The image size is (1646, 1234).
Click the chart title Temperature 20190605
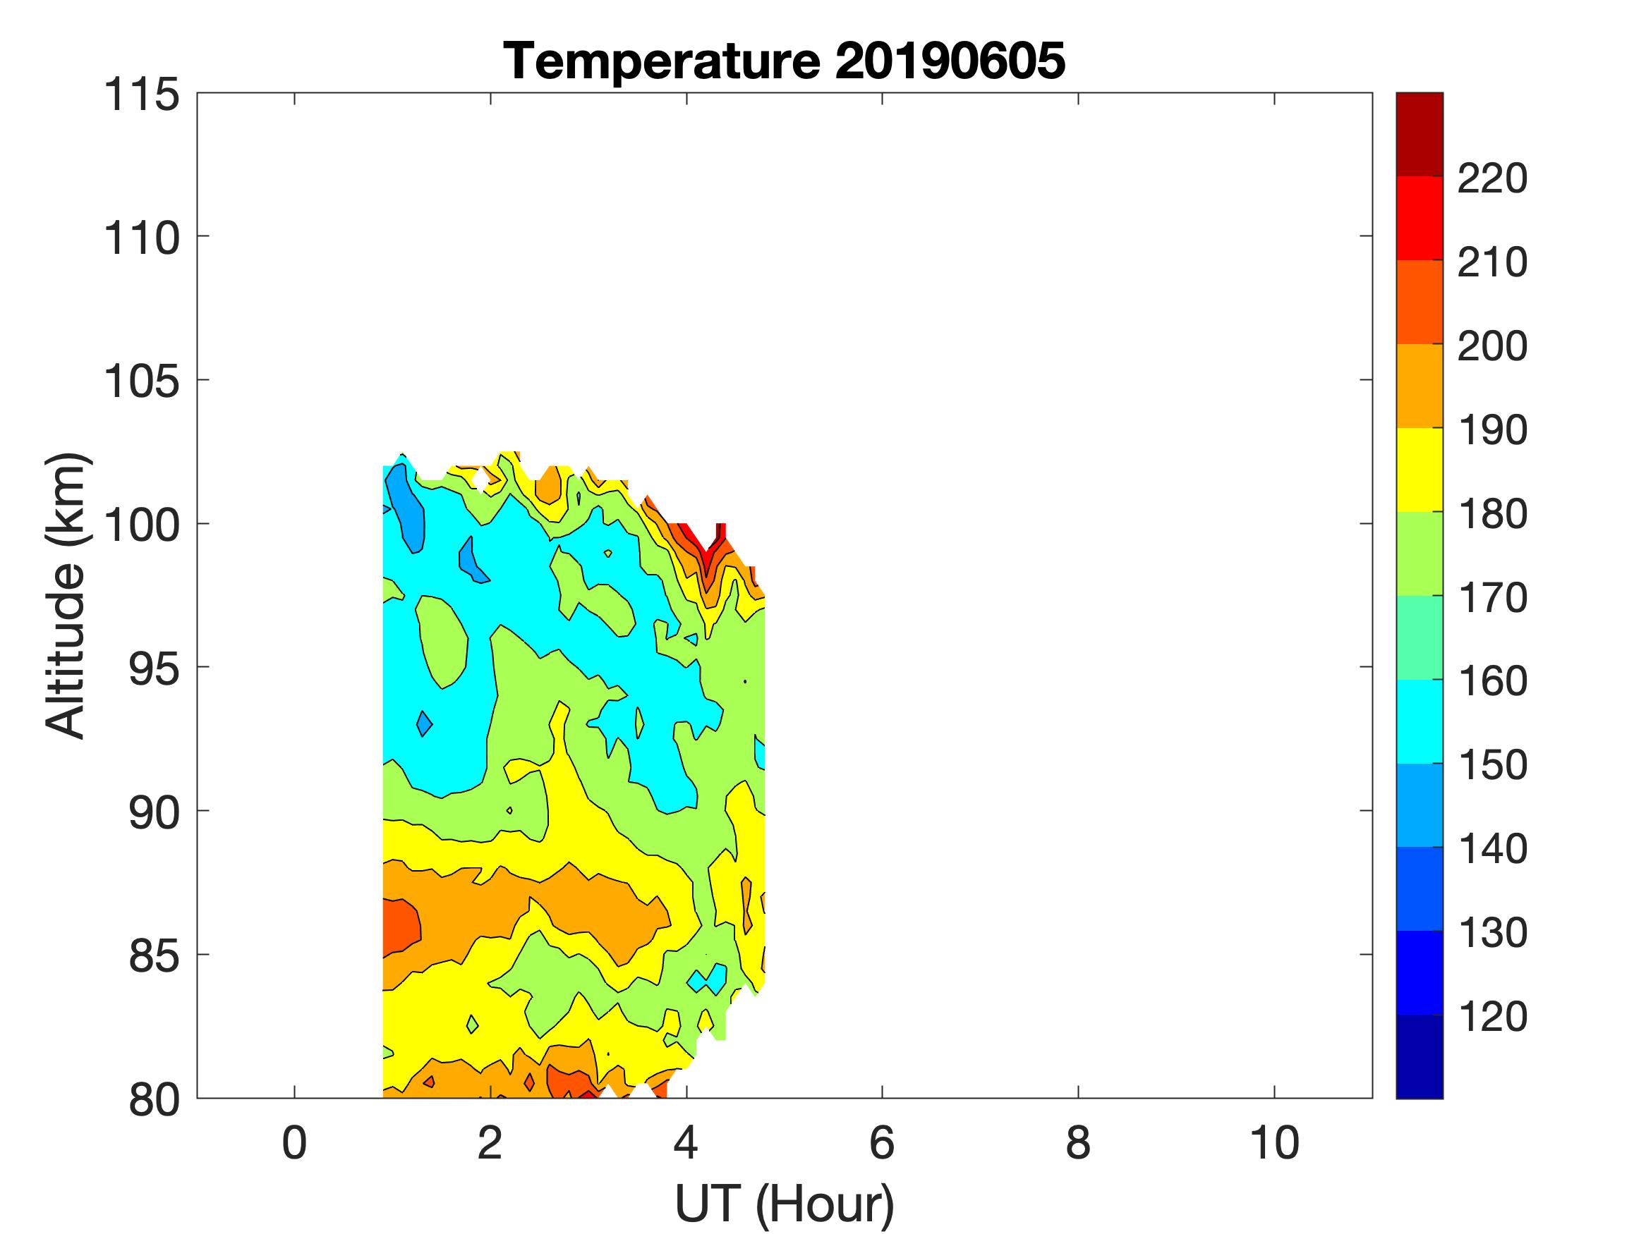pos(785,61)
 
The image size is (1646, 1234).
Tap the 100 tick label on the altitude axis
pos(141,525)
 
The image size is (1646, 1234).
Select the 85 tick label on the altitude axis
pos(154,955)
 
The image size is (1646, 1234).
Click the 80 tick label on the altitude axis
pos(154,1099)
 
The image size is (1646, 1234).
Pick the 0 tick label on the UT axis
pos(295,1142)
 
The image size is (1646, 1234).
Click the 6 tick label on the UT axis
pos(882,1142)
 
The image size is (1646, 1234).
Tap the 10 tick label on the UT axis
pos(1274,1142)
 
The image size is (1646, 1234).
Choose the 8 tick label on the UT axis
pos(1078,1142)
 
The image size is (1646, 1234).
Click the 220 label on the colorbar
pos(1492,178)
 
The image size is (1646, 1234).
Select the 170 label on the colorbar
pos(1492,597)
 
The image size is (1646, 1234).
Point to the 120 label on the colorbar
pos(1492,1016)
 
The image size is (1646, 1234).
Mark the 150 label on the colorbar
pos(1492,764)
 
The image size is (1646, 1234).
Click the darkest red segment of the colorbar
pos(1419,134)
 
